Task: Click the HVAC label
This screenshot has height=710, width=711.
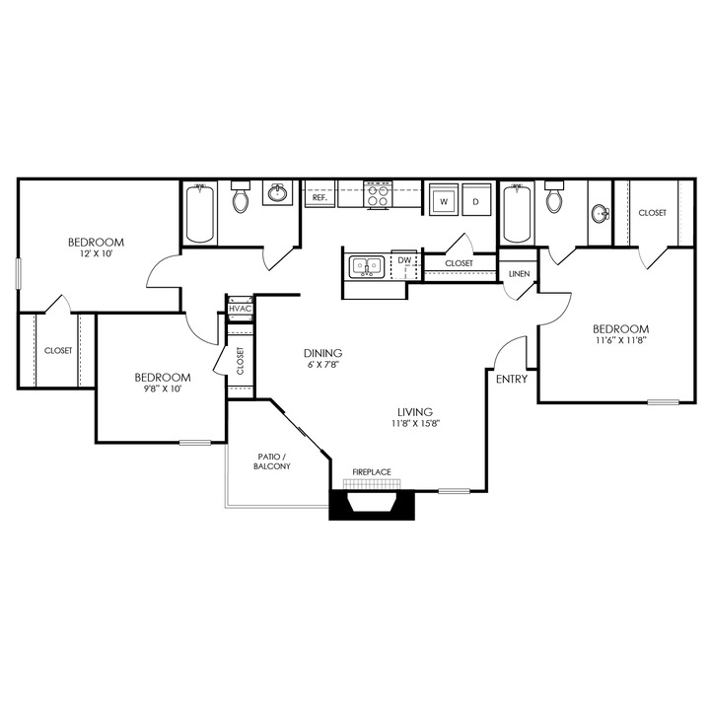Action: point(241,310)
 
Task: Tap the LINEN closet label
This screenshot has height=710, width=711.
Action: point(519,273)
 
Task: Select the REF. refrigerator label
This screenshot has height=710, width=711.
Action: point(320,198)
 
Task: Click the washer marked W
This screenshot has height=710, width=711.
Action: point(444,201)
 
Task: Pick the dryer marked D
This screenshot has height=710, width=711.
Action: point(475,201)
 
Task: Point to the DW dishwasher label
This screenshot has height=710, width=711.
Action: point(403,260)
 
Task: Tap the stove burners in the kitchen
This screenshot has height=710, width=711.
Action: point(377,197)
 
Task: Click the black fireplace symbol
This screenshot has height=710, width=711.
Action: point(372,504)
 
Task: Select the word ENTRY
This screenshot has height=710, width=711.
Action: point(512,379)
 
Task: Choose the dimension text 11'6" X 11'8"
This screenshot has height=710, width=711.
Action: point(620,341)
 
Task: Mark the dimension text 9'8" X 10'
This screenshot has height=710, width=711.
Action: point(162,389)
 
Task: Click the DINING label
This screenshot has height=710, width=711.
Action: point(322,353)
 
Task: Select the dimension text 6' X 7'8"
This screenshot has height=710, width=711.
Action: point(322,365)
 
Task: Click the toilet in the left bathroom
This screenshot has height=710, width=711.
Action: point(240,200)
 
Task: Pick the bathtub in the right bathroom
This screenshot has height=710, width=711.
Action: point(517,214)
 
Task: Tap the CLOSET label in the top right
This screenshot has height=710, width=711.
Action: point(652,213)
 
